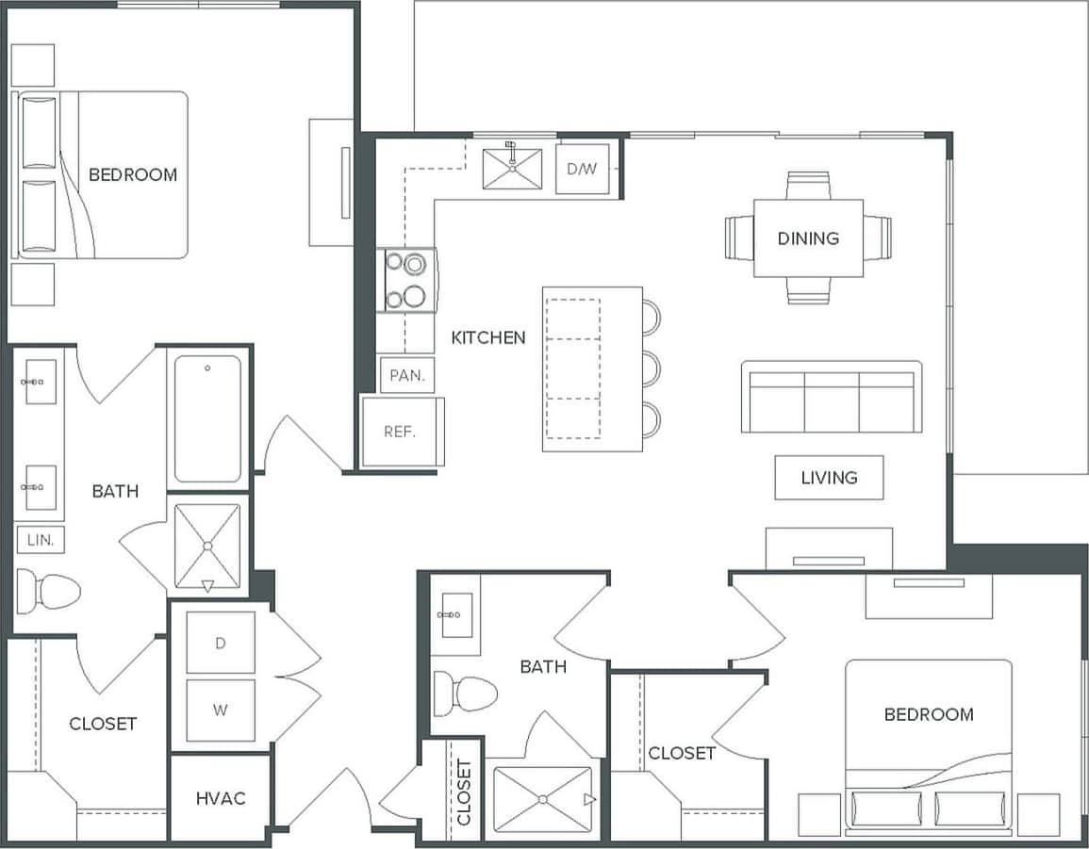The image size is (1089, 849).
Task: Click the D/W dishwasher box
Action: tap(582, 170)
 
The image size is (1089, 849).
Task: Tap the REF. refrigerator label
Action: tap(400, 433)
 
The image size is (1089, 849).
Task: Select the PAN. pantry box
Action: tap(407, 375)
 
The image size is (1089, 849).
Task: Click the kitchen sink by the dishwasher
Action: tap(512, 169)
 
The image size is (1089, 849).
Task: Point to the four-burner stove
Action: tap(406, 281)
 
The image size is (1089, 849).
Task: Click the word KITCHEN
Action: tap(488, 337)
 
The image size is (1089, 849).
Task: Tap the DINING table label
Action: tap(808, 238)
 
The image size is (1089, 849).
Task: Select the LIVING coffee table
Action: tap(829, 478)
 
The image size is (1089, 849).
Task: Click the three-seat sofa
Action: tap(831, 398)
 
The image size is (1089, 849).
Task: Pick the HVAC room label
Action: tap(221, 798)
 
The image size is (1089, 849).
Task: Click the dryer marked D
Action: tap(221, 643)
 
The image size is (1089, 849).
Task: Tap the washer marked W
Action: tap(221, 710)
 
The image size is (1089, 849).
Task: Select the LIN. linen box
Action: tap(41, 540)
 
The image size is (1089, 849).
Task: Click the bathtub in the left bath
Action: tap(207, 418)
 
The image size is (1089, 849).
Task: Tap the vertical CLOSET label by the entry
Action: tap(464, 792)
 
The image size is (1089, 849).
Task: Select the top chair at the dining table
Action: tap(808, 185)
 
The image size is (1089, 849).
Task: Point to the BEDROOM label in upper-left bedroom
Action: tap(133, 174)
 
